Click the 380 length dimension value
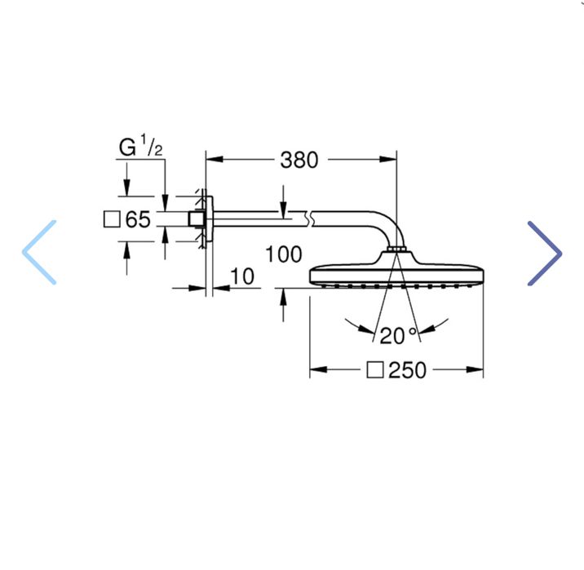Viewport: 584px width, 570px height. pos(299,160)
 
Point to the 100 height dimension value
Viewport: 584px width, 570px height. pos(283,254)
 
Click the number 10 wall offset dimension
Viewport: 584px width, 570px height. pos(242,277)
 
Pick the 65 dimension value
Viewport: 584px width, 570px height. pos(139,219)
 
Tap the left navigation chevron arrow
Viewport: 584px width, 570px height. pos(40,252)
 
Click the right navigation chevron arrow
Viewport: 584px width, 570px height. pos(544,254)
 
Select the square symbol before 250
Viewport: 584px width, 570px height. pos(374,370)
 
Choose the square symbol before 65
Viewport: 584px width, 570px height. pos(113,219)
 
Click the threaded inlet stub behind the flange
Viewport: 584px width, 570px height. pos(196,219)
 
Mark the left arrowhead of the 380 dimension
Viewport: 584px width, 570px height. pos(211,160)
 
